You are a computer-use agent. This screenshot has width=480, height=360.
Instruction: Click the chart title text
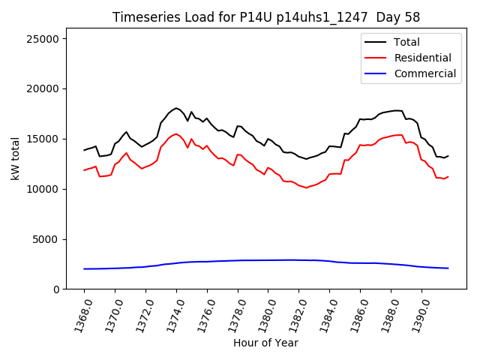[265, 17]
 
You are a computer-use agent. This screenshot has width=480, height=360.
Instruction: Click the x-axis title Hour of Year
[265, 343]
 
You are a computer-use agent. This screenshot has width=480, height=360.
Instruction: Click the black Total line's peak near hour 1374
[176, 108]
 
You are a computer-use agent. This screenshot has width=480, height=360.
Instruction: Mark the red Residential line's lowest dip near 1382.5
[306, 187]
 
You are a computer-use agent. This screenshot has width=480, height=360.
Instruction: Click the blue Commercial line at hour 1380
[268, 260]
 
